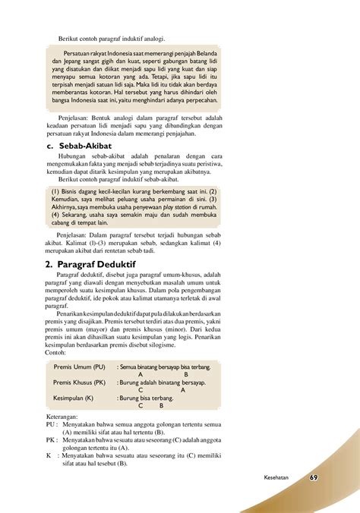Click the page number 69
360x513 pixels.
pyautogui.click(x=314, y=477)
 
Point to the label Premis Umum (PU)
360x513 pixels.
pyautogui.click(x=80, y=367)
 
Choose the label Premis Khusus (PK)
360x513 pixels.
pyautogui.click(x=80, y=382)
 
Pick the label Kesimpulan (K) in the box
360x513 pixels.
pyautogui.click(x=74, y=398)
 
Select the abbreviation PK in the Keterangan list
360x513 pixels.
pyautogui.click(x=52, y=440)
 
